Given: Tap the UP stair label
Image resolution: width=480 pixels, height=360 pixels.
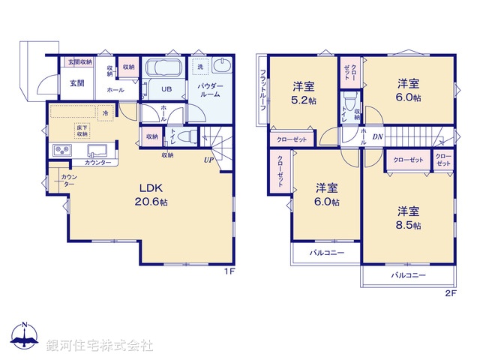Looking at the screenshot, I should [x=207, y=160].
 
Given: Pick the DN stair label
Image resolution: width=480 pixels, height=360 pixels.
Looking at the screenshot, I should [x=378, y=136].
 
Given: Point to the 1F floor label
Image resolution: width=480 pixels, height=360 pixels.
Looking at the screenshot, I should [x=230, y=272].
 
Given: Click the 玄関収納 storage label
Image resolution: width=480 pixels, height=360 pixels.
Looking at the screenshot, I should [x=80, y=63].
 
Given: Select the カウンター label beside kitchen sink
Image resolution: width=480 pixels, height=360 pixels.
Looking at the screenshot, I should [x=97, y=163].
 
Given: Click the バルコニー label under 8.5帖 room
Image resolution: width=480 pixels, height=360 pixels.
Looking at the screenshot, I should [x=408, y=276].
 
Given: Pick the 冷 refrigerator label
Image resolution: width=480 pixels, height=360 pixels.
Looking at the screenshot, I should [x=106, y=113].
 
